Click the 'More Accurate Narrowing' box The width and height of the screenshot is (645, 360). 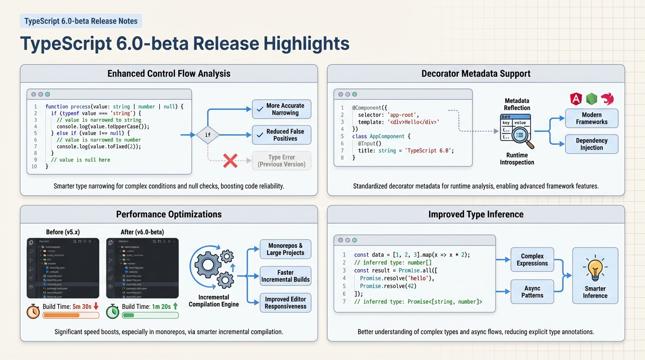(x=281, y=109)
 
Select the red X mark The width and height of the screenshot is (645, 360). (x=230, y=161)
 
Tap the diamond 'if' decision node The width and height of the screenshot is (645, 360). (x=208, y=135)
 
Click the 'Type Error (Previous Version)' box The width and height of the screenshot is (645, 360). (x=281, y=161)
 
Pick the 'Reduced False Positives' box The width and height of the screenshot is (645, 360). (x=281, y=135)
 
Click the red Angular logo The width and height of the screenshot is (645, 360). (x=576, y=99)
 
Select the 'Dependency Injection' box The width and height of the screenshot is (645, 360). (x=592, y=144)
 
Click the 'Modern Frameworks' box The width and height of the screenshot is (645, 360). (x=592, y=118)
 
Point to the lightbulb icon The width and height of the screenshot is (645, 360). (x=595, y=270)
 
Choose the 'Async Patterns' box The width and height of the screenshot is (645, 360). (x=532, y=292)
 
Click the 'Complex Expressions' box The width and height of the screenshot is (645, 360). (x=532, y=260)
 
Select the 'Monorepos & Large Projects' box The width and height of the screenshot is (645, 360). (x=285, y=249)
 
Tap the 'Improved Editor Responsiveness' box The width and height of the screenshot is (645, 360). (x=285, y=303)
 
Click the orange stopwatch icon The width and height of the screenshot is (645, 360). (x=33, y=311)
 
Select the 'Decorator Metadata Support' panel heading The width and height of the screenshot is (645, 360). (x=476, y=74)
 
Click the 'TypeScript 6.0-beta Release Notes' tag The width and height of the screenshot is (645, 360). (x=81, y=21)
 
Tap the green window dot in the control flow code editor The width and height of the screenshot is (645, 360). (x=47, y=94)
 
